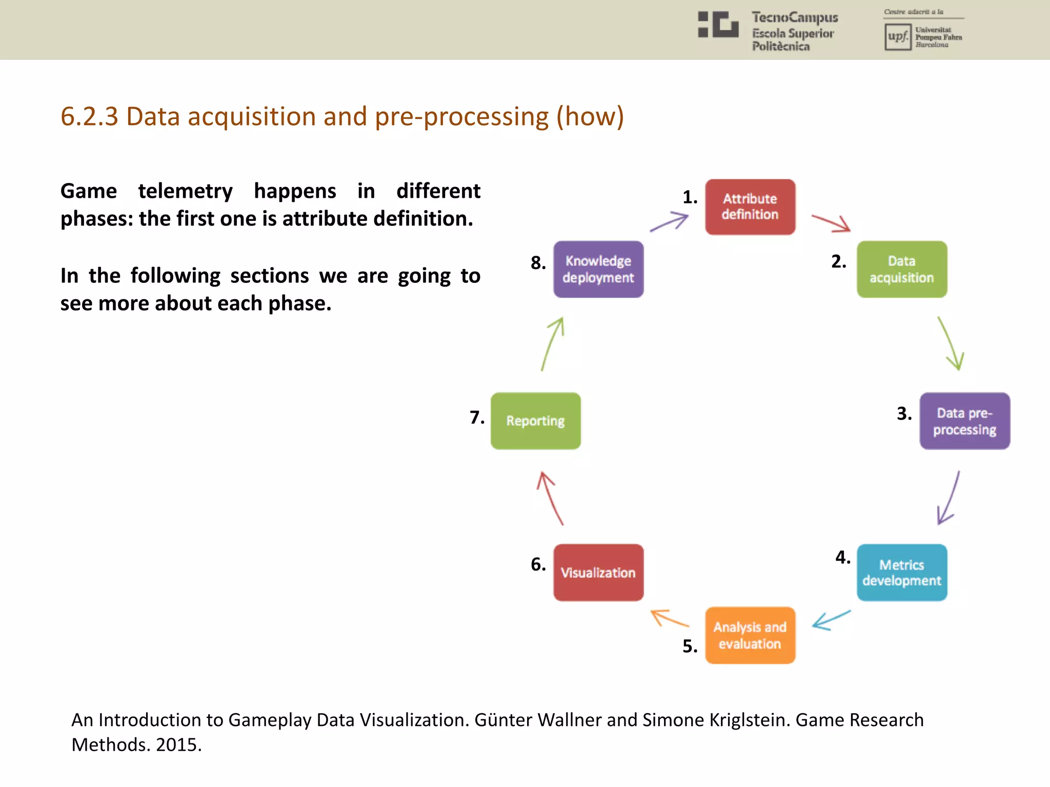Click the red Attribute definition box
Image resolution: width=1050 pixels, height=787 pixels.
coord(750,207)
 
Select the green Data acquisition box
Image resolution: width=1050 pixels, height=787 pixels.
coord(902,270)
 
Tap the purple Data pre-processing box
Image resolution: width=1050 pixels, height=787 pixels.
coord(964,421)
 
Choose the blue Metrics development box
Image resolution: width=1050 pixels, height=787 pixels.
coord(902,572)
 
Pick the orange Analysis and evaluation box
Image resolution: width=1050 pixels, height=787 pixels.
coord(750,635)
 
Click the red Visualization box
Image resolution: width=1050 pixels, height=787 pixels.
coord(598,572)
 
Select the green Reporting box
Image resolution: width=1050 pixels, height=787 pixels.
coord(536,421)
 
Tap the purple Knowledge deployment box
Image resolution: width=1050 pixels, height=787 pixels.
coord(598,270)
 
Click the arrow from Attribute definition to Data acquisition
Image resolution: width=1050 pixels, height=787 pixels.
coord(831,223)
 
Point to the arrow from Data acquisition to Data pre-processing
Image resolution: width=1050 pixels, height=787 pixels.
coord(951,343)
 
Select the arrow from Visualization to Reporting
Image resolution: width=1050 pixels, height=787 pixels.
coord(550,498)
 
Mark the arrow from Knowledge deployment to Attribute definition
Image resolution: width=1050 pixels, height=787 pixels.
coord(670,222)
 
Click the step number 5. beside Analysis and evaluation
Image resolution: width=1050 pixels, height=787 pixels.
coord(690,646)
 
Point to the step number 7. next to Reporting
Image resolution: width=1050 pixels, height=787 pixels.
coord(477,417)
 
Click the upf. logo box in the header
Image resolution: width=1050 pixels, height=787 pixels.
coord(898,37)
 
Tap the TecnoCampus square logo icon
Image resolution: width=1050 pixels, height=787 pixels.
coord(718,25)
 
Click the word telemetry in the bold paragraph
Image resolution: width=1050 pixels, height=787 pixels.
coord(185,191)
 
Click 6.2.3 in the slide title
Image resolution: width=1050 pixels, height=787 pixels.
coord(89,116)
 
